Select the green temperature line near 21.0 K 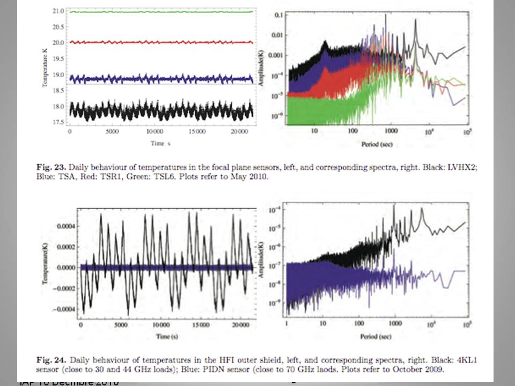tap(161, 11)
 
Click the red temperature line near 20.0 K tap(161, 42)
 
